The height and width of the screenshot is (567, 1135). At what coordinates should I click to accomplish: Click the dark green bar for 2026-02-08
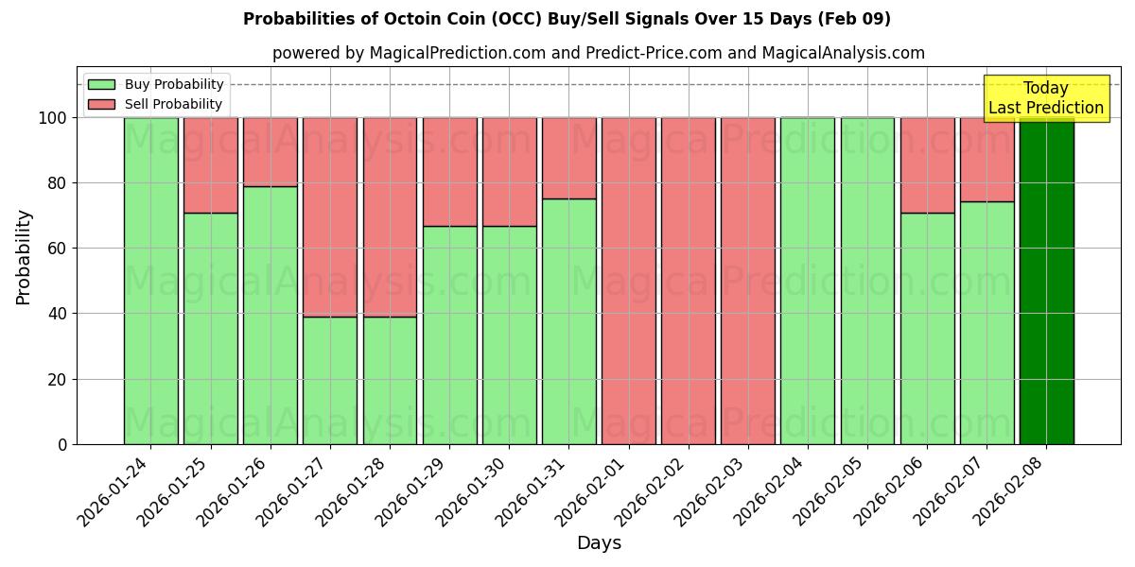(1046, 281)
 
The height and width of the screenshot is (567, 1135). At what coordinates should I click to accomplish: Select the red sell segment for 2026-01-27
(330, 216)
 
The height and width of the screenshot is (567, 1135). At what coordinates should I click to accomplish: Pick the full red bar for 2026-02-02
(689, 281)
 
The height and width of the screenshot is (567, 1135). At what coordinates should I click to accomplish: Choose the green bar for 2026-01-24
(150, 281)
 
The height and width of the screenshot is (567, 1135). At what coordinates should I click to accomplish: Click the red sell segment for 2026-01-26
(271, 151)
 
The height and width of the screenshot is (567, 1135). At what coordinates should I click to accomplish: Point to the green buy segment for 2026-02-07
(987, 322)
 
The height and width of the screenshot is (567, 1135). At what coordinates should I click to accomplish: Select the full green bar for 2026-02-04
(808, 281)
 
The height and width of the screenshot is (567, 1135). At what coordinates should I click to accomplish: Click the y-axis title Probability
(24, 257)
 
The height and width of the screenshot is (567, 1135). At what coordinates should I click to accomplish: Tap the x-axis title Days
(599, 543)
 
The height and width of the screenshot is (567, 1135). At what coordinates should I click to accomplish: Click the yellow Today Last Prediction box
(1046, 98)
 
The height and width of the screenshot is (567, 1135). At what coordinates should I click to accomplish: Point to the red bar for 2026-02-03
(748, 281)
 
